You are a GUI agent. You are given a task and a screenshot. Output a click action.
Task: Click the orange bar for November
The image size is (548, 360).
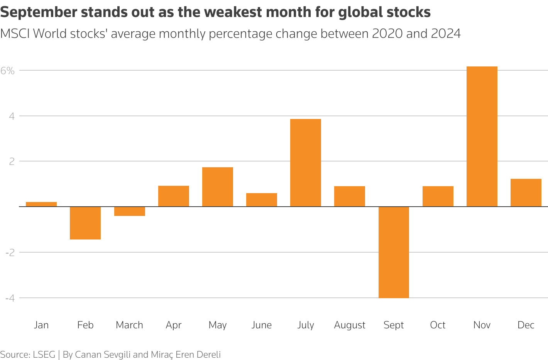click(482, 136)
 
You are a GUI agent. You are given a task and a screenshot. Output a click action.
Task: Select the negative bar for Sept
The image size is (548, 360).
click(394, 252)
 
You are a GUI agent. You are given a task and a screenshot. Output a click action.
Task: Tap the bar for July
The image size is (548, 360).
click(305, 163)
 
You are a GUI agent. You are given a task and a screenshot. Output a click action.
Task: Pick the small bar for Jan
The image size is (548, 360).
click(41, 204)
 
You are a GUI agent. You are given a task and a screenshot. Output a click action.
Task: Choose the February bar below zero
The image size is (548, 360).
click(85, 223)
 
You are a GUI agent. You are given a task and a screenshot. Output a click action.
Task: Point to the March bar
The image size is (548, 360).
click(129, 211)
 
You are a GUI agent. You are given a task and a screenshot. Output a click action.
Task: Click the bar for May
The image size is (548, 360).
click(217, 187)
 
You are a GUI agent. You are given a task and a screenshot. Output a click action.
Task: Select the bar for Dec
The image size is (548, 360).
click(526, 193)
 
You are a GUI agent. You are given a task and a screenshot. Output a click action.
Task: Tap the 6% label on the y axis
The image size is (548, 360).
click(7, 71)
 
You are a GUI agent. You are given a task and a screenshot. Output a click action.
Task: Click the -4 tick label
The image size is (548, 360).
click(10, 298)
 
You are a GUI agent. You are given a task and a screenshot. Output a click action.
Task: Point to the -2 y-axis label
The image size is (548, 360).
click(10, 253)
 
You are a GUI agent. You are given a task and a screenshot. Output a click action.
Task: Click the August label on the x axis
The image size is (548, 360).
click(350, 325)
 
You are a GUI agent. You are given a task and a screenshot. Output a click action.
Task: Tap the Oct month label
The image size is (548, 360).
click(438, 325)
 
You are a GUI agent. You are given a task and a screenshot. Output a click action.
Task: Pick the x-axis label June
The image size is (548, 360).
click(261, 325)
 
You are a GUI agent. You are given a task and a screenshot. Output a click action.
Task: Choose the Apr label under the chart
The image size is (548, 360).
click(173, 325)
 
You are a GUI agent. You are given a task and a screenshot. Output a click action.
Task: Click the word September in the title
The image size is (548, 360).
click(39, 13)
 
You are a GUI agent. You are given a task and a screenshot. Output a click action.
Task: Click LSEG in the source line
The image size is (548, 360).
click(44, 355)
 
